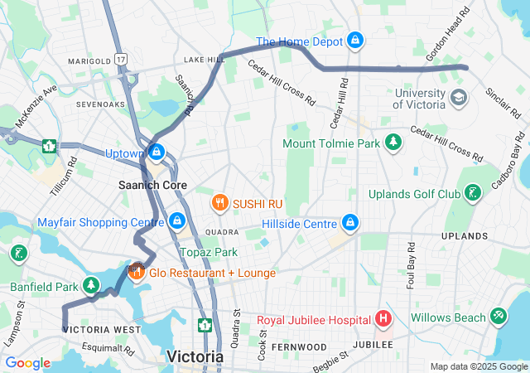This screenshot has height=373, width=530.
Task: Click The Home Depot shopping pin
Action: (354, 40)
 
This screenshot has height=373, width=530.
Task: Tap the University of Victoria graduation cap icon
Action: (458, 99)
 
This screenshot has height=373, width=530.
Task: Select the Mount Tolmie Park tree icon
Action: (394, 143)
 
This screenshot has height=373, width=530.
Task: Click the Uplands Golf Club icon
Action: (473, 194)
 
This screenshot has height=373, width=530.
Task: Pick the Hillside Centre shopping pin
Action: (351, 223)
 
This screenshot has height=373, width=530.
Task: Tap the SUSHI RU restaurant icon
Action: (219, 201)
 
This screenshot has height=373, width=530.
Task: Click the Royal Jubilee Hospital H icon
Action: (383, 318)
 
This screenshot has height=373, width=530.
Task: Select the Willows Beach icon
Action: (498, 317)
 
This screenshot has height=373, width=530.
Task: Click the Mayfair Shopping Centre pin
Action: (176, 221)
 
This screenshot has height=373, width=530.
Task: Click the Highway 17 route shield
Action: (122, 60)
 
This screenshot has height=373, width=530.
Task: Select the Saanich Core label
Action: (152, 185)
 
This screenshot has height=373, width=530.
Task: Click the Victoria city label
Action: (195, 356)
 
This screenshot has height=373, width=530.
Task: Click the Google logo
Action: (27, 363)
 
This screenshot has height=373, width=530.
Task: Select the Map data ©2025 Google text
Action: (478, 366)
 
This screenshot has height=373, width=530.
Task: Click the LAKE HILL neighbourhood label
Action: (205, 60)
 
